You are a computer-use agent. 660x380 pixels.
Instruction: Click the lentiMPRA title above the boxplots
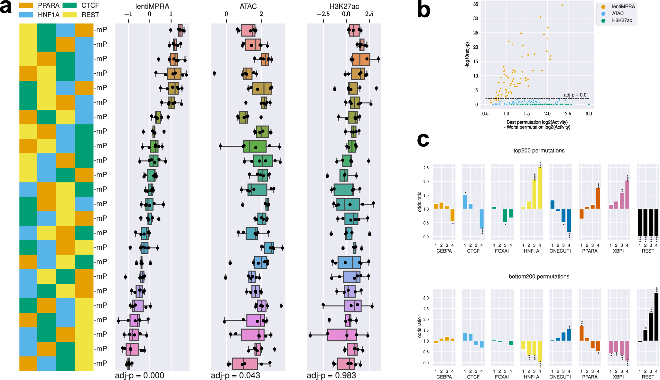(152, 6)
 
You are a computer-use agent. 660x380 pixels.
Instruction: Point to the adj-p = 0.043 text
(235, 375)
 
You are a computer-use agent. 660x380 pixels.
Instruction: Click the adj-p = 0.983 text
(331, 375)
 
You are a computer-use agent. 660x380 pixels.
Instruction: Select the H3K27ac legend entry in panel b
(621, 21)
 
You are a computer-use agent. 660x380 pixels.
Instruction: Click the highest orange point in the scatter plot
(562, 5)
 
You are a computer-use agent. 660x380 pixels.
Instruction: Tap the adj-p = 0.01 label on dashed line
(576, 95)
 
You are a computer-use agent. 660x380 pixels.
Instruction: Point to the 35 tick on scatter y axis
(475, 4)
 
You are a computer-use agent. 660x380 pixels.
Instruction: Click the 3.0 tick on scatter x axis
(589, 114)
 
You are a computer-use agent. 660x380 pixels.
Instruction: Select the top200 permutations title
(539, 151)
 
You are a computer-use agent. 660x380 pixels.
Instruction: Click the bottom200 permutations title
(539, 276)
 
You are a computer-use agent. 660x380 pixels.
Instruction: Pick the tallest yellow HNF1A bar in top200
(540, 188)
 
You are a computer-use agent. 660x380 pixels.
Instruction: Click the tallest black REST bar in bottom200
(656, 317)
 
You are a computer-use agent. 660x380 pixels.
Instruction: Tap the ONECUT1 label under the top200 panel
(560, 251)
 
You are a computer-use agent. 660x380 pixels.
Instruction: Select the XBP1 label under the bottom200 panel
(618, 377)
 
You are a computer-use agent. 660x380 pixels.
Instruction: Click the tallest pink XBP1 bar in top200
(627, 195)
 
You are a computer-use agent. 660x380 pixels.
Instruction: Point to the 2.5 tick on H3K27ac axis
(369, 14)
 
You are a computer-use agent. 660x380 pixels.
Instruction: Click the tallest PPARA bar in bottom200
(581, 333)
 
